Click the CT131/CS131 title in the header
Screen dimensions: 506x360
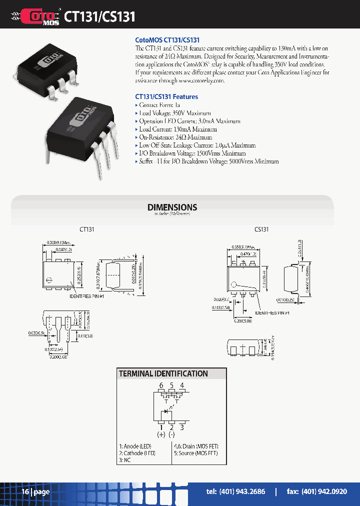tap(99, 16)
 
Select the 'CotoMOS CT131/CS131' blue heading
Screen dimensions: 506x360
tap(167, 39)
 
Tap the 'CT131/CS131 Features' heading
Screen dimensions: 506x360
tap(166, 96)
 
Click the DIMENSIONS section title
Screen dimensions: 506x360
tap(172, 207)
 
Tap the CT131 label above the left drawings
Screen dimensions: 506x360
tap(87, 229)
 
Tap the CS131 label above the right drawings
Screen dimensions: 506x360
tap(261, 229)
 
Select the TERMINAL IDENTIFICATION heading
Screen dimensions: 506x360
tap(163, 373)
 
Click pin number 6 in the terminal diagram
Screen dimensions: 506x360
tap(161, 385)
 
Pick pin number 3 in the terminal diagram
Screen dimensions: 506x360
tap(182, 427)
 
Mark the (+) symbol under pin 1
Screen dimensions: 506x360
tap(161, 434)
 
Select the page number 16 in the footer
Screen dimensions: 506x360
tap(25, 492)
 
